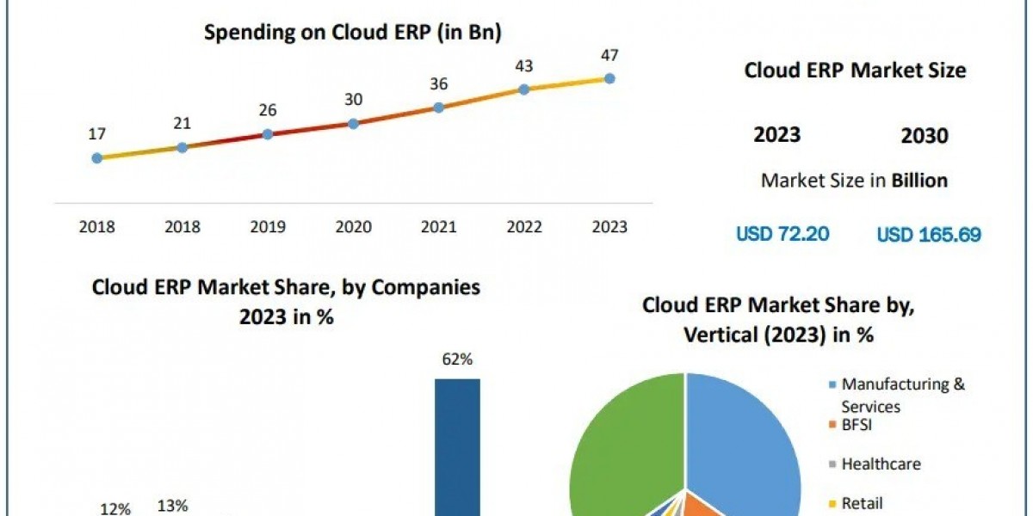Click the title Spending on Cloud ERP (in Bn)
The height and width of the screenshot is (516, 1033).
pyautogui.click(x=353, y=33)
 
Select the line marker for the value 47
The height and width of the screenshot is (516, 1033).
pyautogui.click(x=609, y=78)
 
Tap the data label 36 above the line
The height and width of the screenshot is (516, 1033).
pyautogui.click(x=438, y=83)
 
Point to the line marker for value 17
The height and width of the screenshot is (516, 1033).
pyautogui.click(x=96, y=158)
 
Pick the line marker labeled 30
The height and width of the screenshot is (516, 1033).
pyautogui.click(x=353, y=123)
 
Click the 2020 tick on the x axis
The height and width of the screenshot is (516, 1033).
pyautogui.click(x=353, y=227)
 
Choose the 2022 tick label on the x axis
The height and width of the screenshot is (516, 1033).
pyautogui.click(x=523, y=227)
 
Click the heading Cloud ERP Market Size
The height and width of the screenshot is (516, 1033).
pyautogui.click(x=855, y=71)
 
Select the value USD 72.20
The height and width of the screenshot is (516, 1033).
pyautogui.click(x=782, y=234)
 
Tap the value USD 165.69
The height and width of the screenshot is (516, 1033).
pyautogui.click(x=928, y=234)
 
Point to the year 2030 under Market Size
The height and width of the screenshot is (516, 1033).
pyautogui.click(x=925, y=136)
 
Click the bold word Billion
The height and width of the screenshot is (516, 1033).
pyautogui.click(x=919, y=181)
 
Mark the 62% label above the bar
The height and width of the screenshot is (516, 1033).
pyautogui.click(x=457, y=359)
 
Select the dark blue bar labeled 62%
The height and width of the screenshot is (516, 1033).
pyautogui.click(x=457, y=447)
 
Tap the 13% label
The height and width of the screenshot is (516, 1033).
pyautogui.click(x=172, y=506)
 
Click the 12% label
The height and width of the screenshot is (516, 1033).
pyautogui.click(x=115, y=509)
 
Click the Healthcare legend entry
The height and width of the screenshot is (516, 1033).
pyautogui.click(x=880, y=464)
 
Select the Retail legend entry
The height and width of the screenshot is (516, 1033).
pyautogui.click(x=862, y=503)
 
